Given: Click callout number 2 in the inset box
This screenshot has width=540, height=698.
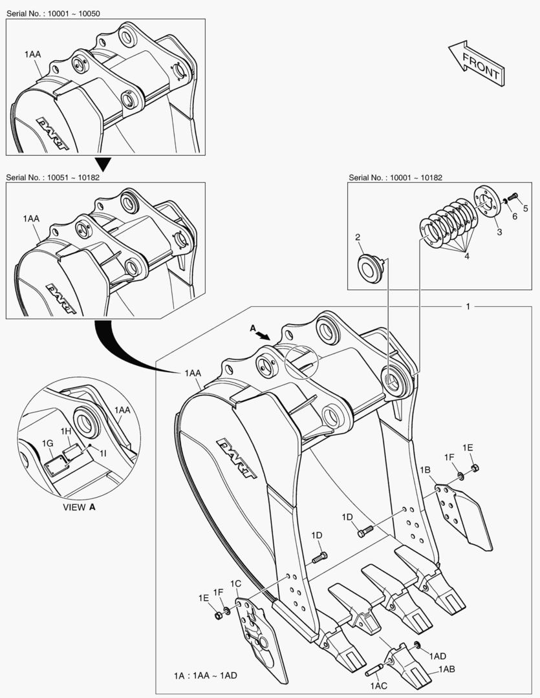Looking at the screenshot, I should click(x=358, y=238).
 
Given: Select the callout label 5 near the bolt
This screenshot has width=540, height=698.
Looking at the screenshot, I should click(x=526, y=208).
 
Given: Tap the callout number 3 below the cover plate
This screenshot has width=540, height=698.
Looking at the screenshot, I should click(x=499, y=231).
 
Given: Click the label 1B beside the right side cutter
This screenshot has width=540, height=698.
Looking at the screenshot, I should click(x=425, y=470).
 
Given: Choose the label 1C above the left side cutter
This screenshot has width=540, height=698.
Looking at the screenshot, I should click(x=237, y=584).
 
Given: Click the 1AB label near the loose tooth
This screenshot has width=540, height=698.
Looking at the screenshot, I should click(x=446, y=670).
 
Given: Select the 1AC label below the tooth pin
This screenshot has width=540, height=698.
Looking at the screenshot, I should click(x=378, y=685).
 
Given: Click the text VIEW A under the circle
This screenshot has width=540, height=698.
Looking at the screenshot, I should click(x=79, y=507).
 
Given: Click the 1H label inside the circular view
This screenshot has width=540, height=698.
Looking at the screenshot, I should click(x=66, y=430).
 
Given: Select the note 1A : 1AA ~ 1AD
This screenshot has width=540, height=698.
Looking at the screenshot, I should click(x=205, y=675).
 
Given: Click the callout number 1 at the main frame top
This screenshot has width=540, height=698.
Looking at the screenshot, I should click(x=468, y=306).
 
